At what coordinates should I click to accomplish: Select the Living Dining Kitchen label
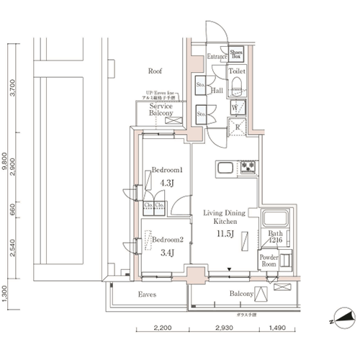coord(225,217)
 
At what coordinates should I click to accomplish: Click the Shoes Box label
coord(236,54)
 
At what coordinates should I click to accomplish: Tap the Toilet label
coord(237,72)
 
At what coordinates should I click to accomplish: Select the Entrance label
coord(217,56)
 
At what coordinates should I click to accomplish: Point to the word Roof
coord(155,72)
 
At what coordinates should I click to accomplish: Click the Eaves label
coord(148,294)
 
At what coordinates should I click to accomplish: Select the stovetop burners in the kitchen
coord(248,168)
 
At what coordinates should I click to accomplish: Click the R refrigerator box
coord(237,128)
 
